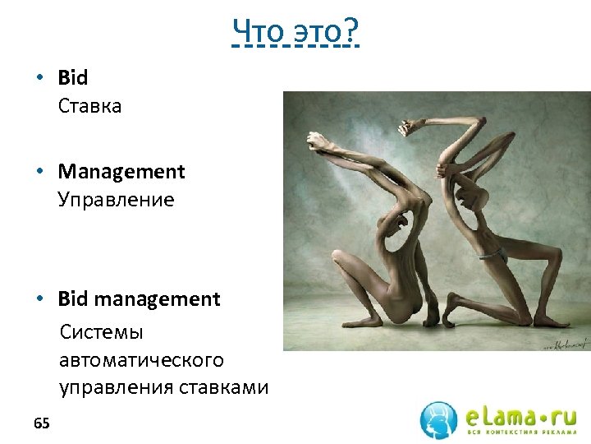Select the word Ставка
[89, 106]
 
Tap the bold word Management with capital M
[121, 172]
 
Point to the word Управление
[116, 200]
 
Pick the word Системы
[101, 332]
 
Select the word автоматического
[141, 360]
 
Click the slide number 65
[42, 423]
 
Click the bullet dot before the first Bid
[39, 78]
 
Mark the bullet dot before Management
[39, 172]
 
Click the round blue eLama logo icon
[438, 419]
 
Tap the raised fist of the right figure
[405, 127]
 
